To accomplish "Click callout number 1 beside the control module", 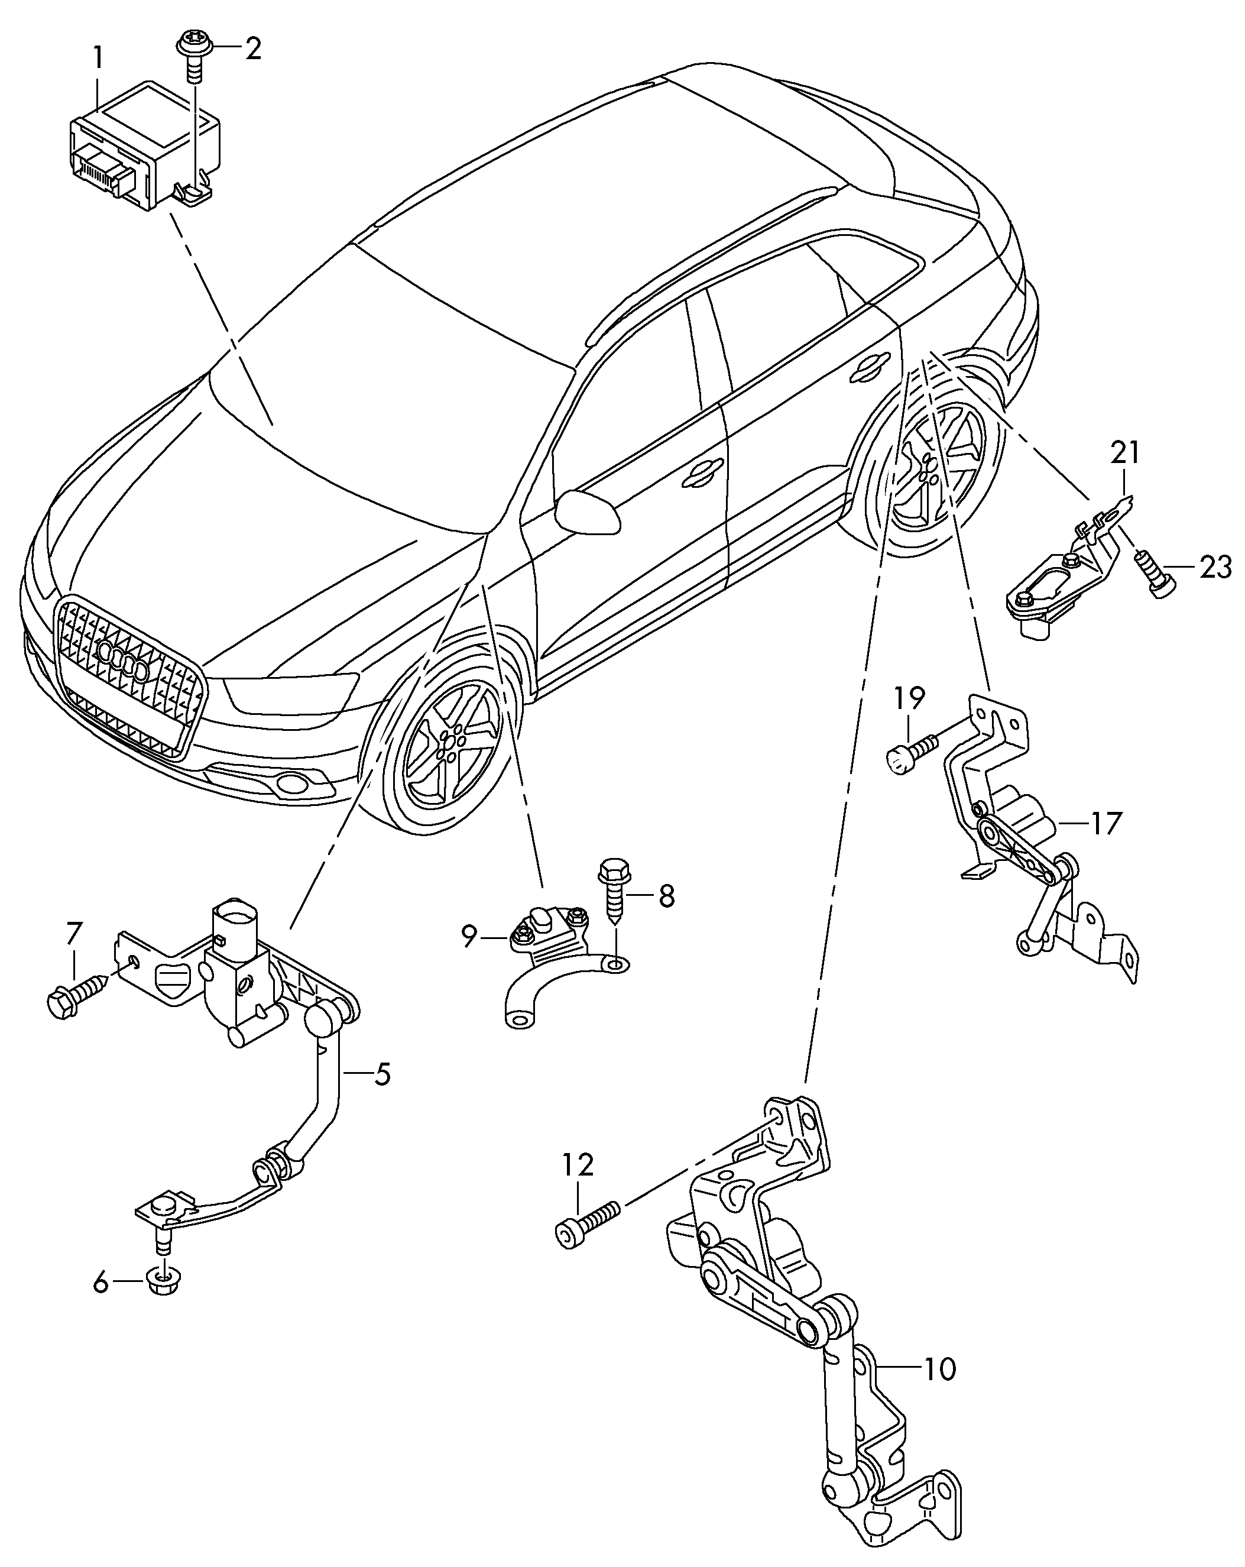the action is click(x=98, y=58).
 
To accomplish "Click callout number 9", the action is click(x=469, y=937).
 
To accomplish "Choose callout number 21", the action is click(x=1124, y=452).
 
